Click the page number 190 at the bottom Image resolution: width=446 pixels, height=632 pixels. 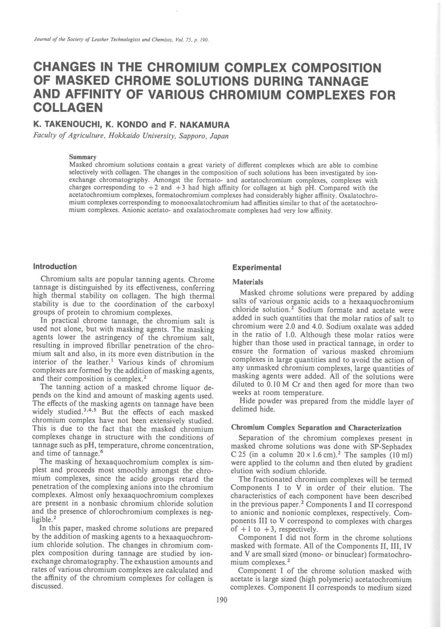222,600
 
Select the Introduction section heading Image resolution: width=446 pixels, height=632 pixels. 55,266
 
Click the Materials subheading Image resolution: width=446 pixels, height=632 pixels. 248,282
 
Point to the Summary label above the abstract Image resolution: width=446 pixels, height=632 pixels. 83,157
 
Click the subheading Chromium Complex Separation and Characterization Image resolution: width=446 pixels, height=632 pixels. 316,428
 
